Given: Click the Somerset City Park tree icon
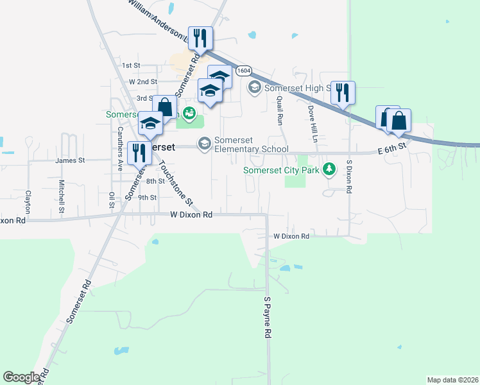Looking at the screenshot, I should click(329, 169).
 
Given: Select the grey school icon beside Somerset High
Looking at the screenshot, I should click(254, 87).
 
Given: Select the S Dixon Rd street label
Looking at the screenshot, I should click(350, 176).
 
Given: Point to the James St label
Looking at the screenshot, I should click(70, 160).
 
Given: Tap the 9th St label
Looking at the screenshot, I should click(147, 198).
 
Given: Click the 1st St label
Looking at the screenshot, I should click(131, 65).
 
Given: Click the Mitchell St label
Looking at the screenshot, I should click(62, 195).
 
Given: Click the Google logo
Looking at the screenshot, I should click(21, 377).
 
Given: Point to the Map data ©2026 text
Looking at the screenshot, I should click(452, 380).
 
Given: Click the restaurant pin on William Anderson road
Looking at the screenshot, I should click(200, 38).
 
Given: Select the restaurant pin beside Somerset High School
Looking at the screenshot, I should click(343, 93).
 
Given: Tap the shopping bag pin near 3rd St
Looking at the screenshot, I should click(164, 107).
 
